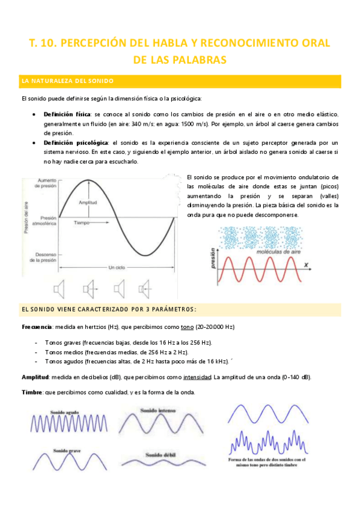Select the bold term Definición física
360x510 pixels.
tap(67, 114)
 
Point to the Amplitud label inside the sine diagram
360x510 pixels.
tap(88, 203)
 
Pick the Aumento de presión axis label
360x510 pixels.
tap(46, 183)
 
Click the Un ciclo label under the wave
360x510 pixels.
tap(117, 267)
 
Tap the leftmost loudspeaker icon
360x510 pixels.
tap(58, 290)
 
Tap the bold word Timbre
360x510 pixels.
tap(31, 392)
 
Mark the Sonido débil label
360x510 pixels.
tap(156, 455)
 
